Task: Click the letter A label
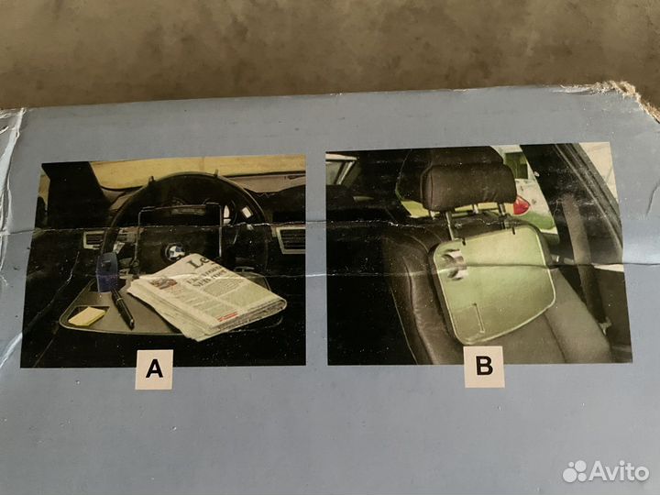154,369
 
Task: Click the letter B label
483,367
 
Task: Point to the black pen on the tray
121,307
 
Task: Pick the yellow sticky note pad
87,315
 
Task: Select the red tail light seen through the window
521,204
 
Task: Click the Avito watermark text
620,471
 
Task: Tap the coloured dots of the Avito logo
575,471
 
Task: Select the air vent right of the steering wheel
291,240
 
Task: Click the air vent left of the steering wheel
95,239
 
